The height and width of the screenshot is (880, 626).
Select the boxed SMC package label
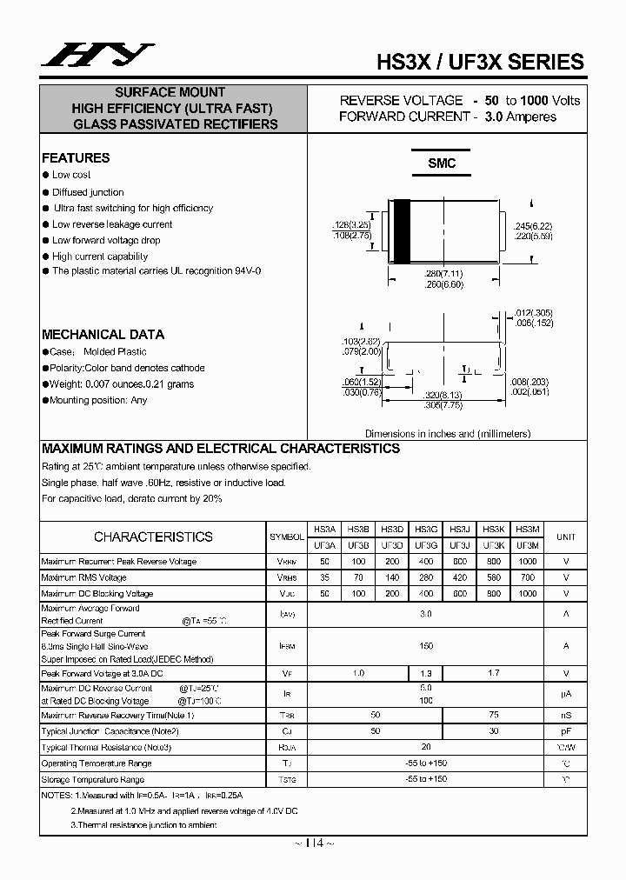click(442, 163)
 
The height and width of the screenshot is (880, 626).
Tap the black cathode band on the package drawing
click(403, 237)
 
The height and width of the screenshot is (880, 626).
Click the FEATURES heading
click(76, 157)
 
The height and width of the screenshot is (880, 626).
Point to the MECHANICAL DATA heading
click(103, 335)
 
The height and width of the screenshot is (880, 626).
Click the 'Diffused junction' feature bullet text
click(88, 192)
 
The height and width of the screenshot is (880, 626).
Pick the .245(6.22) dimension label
click(533, 226)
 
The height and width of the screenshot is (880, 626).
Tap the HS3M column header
click(527, 529)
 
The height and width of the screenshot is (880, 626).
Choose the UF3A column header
click(324, 545)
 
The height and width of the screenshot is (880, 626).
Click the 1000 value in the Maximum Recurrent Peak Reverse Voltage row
click(527, 562)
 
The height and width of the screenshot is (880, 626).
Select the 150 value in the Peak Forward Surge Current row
click(426, 646)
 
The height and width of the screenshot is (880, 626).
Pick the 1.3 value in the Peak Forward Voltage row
click(426, 673)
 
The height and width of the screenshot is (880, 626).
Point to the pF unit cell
click(566, 731)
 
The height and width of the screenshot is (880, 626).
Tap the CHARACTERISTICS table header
click(153, 537)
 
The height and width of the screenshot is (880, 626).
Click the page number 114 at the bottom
click(315, 843)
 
